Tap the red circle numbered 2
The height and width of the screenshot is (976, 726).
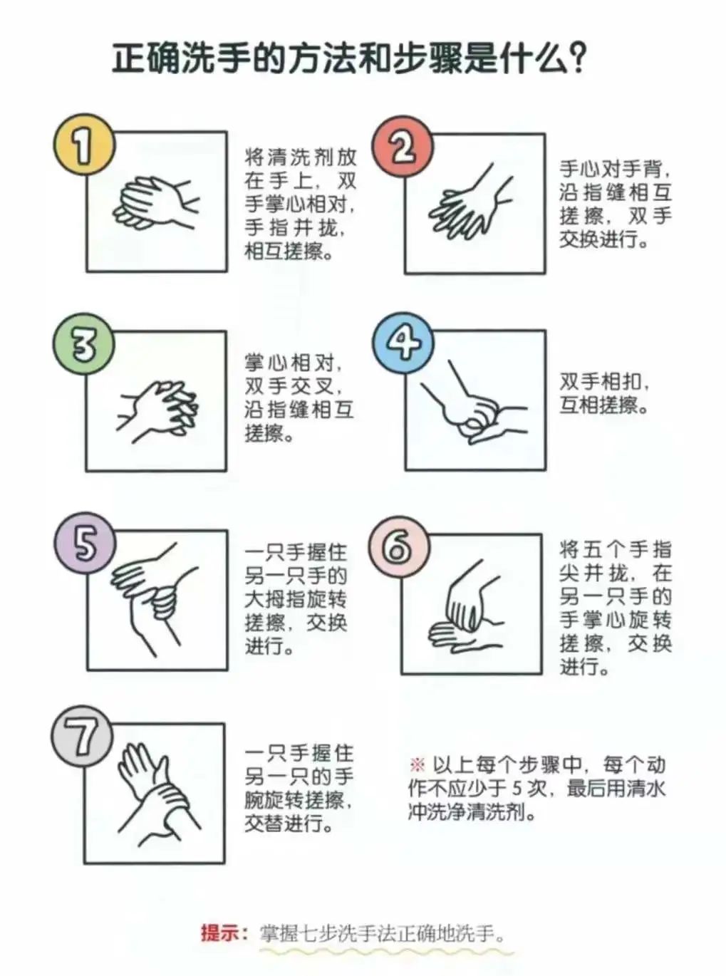click(x=403, y=147)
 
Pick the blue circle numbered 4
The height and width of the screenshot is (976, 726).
click(x=403, y=343)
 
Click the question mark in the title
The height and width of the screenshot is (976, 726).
click(x=579, y=58)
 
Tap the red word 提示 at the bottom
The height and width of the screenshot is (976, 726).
click(x=220, y=933)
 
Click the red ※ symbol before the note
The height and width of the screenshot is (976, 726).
click(x=417, y=765)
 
